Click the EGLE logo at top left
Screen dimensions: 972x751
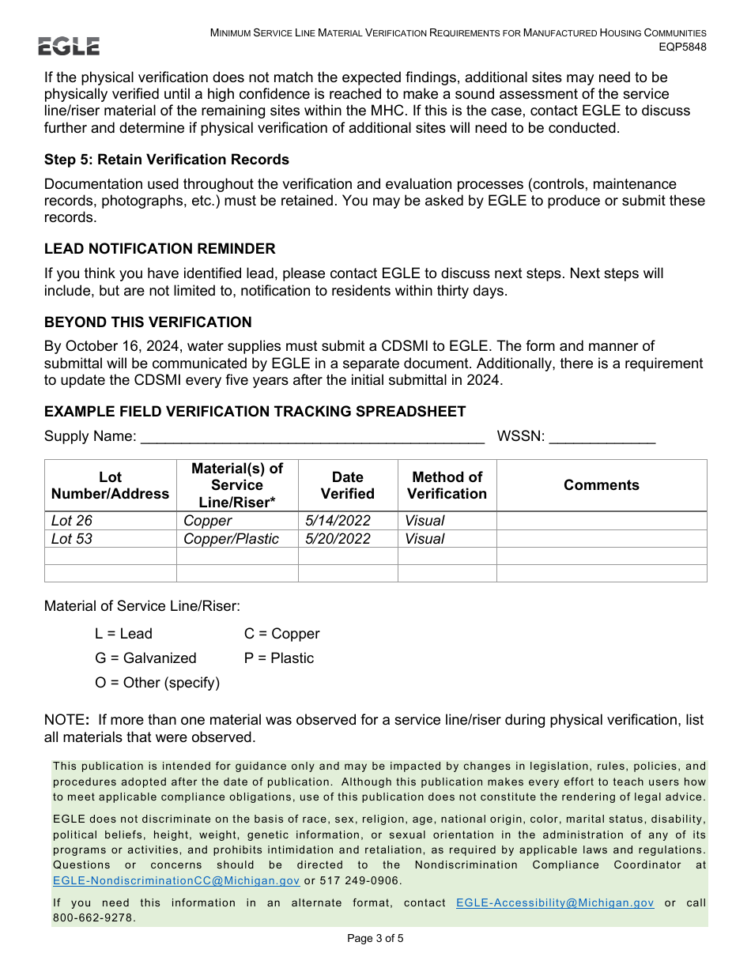(70, 46)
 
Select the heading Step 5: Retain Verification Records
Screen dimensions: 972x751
(167, 160)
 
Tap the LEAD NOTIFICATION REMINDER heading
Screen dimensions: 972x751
(160, 249)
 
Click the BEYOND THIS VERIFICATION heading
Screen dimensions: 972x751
(148, 322)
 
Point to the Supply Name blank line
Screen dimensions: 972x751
(311, 438)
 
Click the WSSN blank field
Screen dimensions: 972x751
(602, 438)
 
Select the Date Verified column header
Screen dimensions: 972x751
(347, 485)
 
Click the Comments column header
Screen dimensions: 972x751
(601, 485)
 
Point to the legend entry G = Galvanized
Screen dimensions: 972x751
(145, 658)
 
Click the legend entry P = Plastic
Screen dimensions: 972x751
(279, 658)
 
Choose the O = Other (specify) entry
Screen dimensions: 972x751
(157, 683)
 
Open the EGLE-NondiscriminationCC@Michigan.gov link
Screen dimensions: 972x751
(176, 881)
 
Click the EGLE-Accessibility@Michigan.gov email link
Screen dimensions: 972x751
(555, 902)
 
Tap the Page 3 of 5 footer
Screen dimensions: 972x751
(375, 939)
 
